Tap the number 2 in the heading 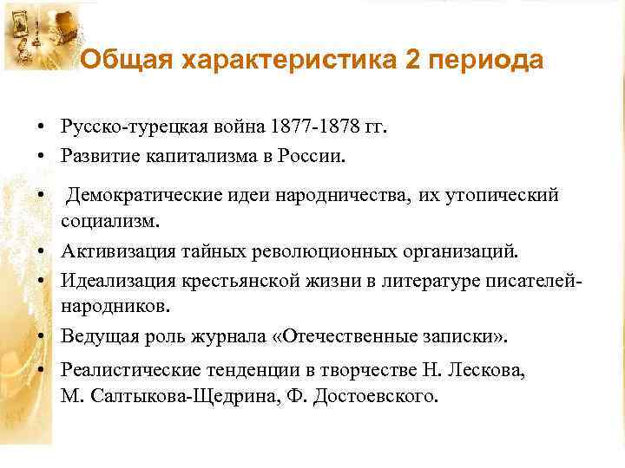(x=411, y=61)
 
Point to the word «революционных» (x=320, y=251)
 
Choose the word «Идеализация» (x=118, y=280)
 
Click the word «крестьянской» (x=246, y=280)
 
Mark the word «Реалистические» (x=132, y=369)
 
